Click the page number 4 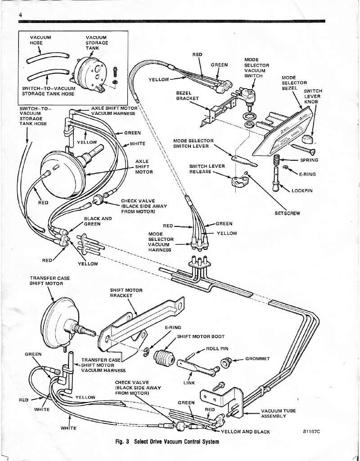[21, 14]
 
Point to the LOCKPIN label [302, 190]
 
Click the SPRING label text [308, 160]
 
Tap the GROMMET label [257, 359]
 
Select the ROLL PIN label [217, 348]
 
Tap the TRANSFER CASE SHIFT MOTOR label [47, 281]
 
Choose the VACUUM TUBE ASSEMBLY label [278, 413]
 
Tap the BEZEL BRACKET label [187, 95]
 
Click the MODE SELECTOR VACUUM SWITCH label [256, 68]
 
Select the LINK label [189, 383]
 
